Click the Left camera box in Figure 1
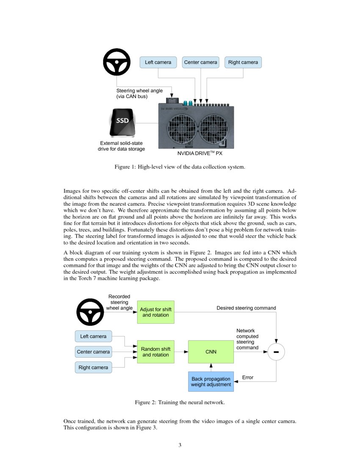pos(158,62)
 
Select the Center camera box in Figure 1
pos(200,62)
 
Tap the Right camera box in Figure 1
pos(243,62)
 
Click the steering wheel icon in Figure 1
pos(116,62)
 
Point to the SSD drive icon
pos(122,123)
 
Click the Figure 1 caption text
pos(180,167)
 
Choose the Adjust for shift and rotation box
pos(155,312)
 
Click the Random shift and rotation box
pos(155,352)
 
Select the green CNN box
pos(210,352)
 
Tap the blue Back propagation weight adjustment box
pos(210,382)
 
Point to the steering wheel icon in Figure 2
pos(90,312)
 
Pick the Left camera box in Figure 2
pos(93,336)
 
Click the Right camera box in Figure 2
pos(93,367)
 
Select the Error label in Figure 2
pos(247,377)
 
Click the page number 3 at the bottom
pos(180,445)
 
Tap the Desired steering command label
pos(246,308)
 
